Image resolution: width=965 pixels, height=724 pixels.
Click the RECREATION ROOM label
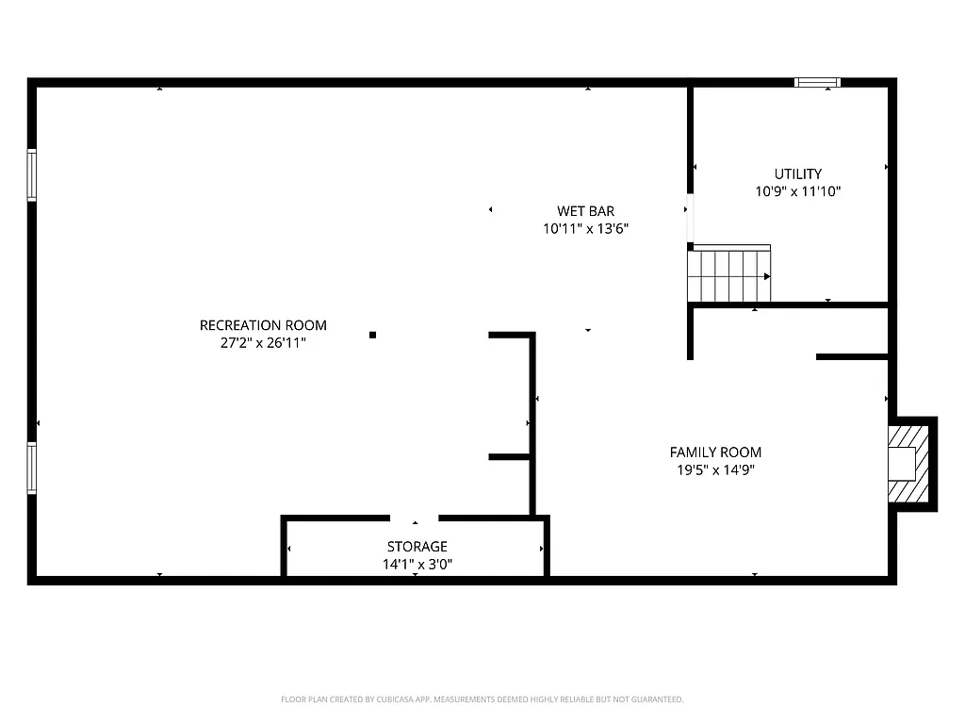(x=263, y=325)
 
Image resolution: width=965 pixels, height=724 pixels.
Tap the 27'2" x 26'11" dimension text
(x=263, y=343)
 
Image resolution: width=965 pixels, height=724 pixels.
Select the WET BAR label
(x=585, y=211)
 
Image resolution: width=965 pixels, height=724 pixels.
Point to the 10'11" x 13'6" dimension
(x=585, y=228)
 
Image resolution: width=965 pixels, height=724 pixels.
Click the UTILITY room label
(x=797, y=173)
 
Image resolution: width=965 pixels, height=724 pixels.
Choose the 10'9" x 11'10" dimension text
(x=797, y=190)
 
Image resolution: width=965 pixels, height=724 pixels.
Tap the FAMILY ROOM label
(x=715, y=452)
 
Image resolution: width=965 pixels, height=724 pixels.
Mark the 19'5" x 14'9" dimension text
(x=715, y=469)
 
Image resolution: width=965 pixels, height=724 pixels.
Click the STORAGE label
(x=417, y=547)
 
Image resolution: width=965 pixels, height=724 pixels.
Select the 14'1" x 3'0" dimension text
(x=417, y=564)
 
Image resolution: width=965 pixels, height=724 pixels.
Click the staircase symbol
(x=728, y=274)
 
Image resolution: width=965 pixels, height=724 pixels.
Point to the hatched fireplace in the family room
(x=909, y=464)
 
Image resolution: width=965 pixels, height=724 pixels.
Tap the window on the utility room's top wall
(x=817, y=83)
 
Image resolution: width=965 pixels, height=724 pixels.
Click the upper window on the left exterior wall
(x=31, y=175)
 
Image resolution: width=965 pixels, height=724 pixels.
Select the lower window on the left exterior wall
(x=31, y=469)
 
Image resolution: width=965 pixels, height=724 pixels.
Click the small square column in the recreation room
(x=373, y=335)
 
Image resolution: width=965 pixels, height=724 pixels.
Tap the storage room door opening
(x=415, y=518)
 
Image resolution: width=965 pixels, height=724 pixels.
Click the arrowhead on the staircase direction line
(x=767, y=276)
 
